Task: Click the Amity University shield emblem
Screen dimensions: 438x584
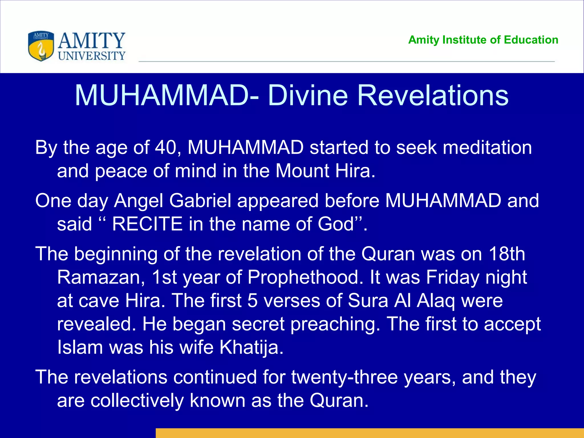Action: [x=41, y=46]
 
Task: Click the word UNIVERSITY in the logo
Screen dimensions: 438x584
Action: [x=92, y=56]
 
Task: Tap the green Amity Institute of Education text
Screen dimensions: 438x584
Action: [x=483, y=40]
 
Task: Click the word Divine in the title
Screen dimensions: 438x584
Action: [x=308, y=96]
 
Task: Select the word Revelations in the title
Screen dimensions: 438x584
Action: [x=433, y=96]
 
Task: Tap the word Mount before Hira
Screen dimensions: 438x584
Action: [x=302, y=171]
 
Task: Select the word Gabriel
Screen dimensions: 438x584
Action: [x=200, y=201]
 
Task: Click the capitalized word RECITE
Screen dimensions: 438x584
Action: [x=147, y=224]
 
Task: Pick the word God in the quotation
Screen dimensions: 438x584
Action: [x=336, y=224]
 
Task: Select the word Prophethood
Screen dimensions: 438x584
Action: [x=305, y=277]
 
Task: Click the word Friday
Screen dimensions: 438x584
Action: [x=453, y=277]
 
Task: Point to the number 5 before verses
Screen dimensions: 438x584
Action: [x=252, y=301]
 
